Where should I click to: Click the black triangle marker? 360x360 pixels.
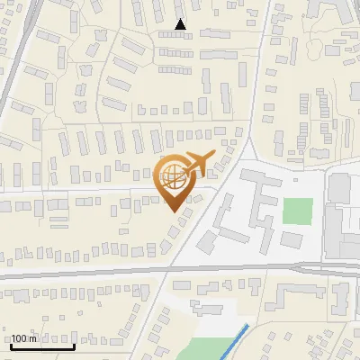[181, 24]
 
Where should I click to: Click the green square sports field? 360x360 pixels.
[297, 210]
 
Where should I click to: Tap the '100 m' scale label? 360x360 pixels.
[24, 338]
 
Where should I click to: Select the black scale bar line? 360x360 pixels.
[41, 346]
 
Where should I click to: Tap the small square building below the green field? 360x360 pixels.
[292, 239]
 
